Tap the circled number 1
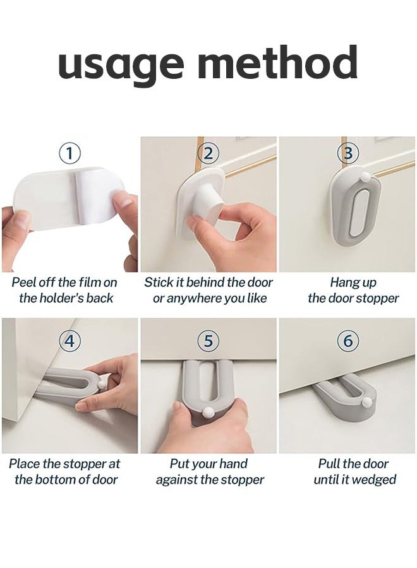pyautogui.click(x=69, y=153)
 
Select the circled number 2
pyautogui.click(x=208, y=153)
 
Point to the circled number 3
pyautogui.click(x=347, y=153)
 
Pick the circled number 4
pyautogui.click(x=69, y=341)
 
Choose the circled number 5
pyautogui.click(x=208, y=341)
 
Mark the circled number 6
pyautogui.click(x=347, y=341)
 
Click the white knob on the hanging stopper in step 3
pyautogui.click(x=365, y=177)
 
